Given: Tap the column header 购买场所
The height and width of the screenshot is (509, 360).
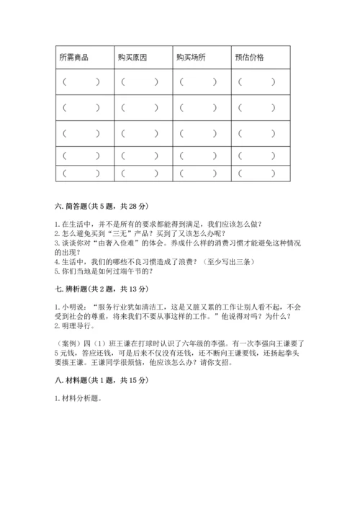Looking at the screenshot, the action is (191, 57).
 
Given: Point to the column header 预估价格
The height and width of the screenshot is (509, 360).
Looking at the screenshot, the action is (250, 57).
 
